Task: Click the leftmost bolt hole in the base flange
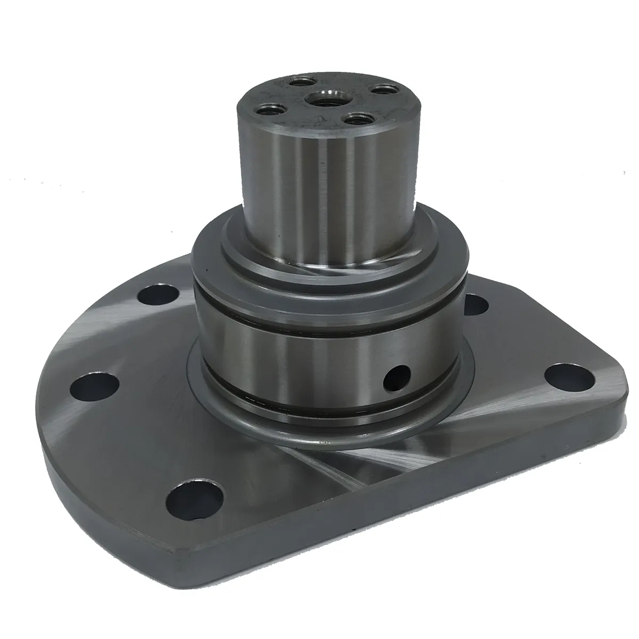[x=96, y=383]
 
